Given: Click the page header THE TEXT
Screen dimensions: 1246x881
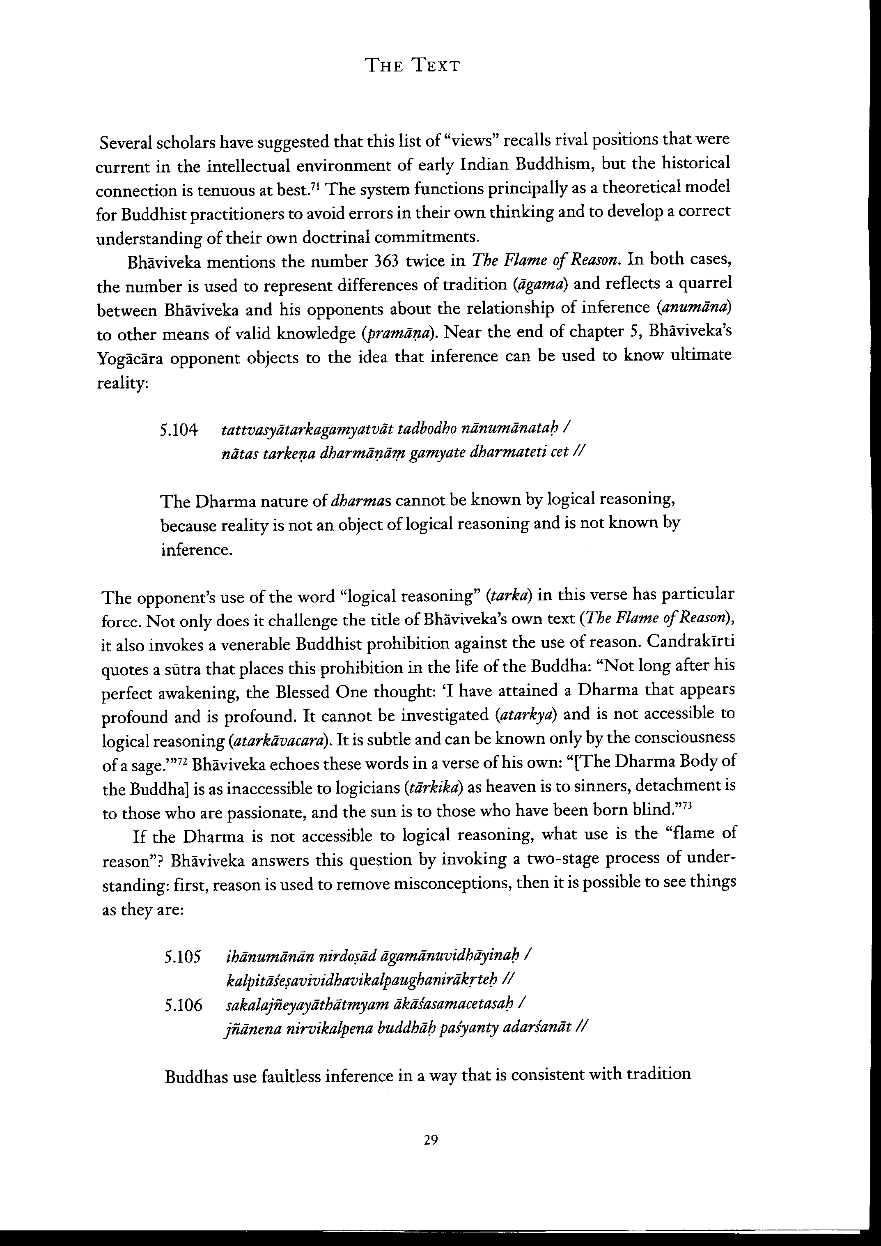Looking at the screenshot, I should coord(413,66).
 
